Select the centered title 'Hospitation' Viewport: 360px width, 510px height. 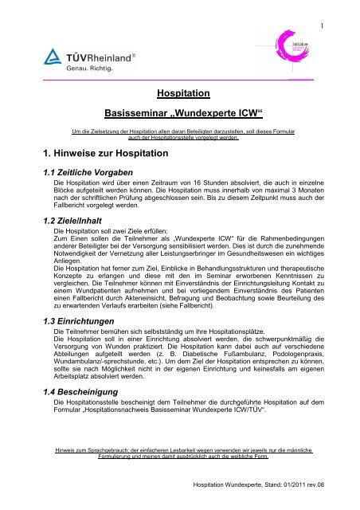[180, 93]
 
